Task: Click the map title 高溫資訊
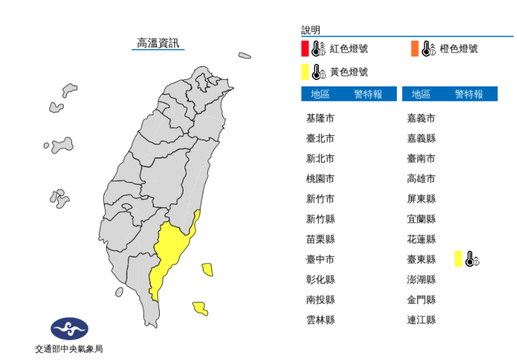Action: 158,44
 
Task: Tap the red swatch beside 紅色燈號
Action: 305,49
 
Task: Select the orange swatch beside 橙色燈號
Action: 414,49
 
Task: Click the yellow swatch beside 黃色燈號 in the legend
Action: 305,71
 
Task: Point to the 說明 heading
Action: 310,30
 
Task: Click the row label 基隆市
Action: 320,118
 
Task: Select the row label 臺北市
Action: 320,138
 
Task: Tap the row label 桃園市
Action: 320,179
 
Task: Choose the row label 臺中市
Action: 320,259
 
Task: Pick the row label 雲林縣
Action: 320,320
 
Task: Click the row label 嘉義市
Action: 421,118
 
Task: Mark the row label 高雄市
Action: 421,179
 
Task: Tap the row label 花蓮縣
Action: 421,239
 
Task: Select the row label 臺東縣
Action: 421,259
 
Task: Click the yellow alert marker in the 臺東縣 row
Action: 459,259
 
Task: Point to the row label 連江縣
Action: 421,320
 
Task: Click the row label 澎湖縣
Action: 421,279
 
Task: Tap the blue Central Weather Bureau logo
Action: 69,329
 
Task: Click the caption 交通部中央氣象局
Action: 69,349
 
